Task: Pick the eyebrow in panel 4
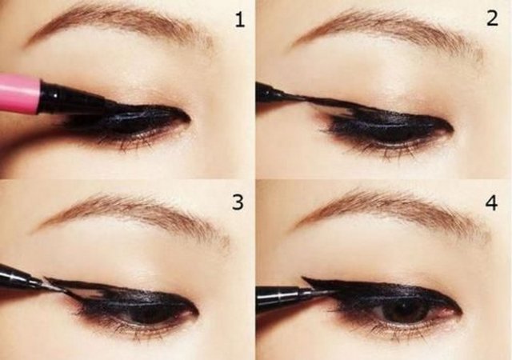click(x=392, y=210)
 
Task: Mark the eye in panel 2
click(x=384, y=128)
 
